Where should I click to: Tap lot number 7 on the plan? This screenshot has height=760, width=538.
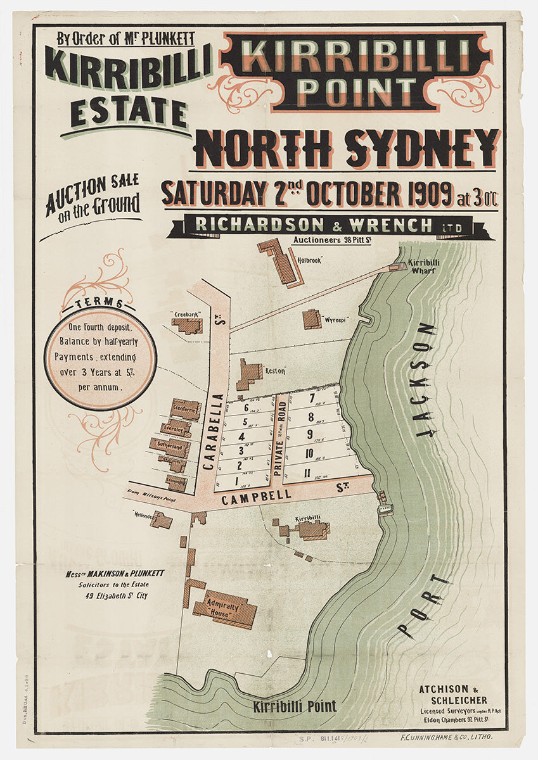point(311,398)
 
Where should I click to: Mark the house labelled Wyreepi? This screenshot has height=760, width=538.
point(312,319)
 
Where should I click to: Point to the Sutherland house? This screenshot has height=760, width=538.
point(169,446)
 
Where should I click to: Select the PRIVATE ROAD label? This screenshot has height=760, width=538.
point(279,438)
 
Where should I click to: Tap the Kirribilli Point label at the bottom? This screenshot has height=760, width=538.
point(295,706)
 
